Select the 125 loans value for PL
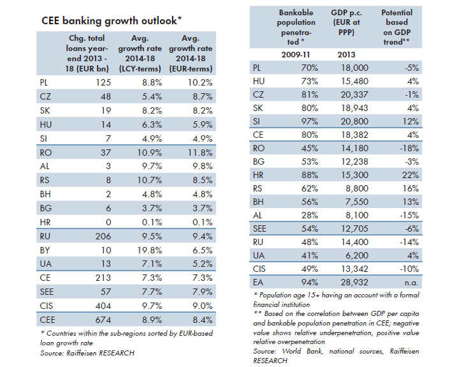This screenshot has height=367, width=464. [x=103, y=82]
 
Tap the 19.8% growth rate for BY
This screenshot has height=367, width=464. [x=149, y=250]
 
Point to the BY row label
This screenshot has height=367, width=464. [x=45, y=250]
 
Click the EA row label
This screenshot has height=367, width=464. [x=258, y=282]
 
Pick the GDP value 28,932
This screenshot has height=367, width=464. [x=354, y=282]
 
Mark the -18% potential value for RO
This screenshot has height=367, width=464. [x=409, y=148]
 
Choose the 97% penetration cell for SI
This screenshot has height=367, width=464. [x=310, y=121]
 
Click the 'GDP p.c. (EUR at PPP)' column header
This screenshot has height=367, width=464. [x=346, y=22]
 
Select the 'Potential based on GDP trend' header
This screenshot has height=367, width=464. [x=396, y=27]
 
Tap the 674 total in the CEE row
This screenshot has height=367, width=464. [x=103, y=320]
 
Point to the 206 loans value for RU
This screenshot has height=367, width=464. [x=103, y=237]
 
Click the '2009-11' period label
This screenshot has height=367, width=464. [x=295, y=55]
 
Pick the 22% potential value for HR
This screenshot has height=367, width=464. [x=410, y=175]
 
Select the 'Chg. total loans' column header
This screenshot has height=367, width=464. [x=87, y=54]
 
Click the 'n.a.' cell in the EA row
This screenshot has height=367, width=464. [x=411, y=283]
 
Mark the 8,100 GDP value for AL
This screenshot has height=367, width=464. [x=357, y=215]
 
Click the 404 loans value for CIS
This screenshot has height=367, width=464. [x=103, y=306]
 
